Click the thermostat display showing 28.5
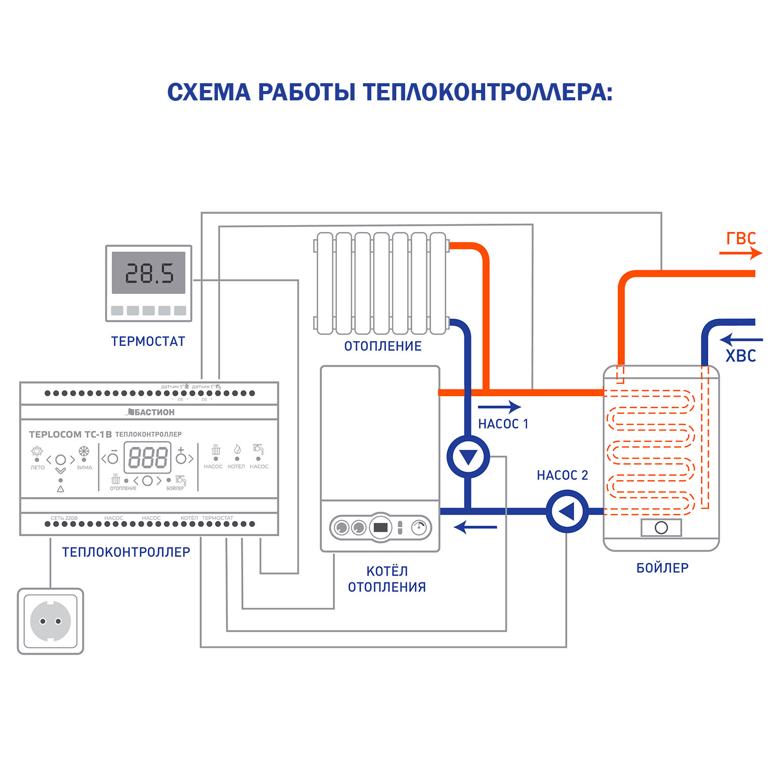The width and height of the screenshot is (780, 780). [149, 273]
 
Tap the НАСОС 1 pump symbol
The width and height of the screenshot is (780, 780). [468, 457]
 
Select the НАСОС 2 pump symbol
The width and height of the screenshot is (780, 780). [567, 512]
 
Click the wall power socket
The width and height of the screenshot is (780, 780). [50, 621]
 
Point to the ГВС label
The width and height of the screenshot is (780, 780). [740, 239]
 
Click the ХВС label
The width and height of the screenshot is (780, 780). [740, 356]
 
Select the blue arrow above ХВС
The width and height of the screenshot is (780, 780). [740, 340]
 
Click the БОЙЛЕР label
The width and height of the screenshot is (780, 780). [662, 568]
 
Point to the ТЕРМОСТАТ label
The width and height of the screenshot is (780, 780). [148, 342]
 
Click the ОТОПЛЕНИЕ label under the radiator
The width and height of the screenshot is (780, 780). [383, 346]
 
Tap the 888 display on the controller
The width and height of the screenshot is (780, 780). [148, 458]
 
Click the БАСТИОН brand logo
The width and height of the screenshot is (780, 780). [151, 412]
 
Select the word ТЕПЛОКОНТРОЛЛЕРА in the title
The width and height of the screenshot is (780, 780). [488, 93]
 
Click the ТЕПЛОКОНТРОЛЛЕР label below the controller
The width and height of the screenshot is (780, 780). [126, 552]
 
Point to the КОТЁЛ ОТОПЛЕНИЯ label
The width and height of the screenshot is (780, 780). [387, 579]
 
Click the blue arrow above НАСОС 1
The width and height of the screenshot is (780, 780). [499, 407]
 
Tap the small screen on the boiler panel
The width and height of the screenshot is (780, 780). [381, 527]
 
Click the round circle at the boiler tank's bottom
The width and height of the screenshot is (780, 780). [661, 528]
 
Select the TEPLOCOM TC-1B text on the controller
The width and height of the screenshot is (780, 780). [70, 434]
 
